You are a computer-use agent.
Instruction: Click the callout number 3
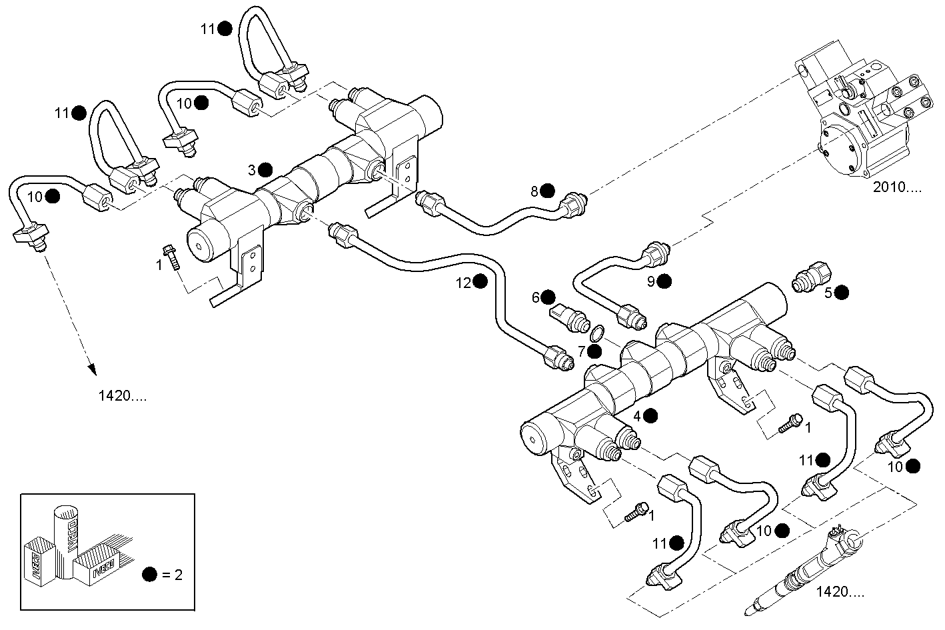coord(252,170)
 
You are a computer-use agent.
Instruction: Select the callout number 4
coord(637,416)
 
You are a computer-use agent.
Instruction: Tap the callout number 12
coord(464,283)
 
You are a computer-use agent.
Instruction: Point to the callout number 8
coord(534,191)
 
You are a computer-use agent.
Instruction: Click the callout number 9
coord(650,281)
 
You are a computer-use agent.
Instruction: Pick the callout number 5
coord(828,292)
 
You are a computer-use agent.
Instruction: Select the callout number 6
coord(534,297)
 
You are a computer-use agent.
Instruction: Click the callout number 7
coord(582,351)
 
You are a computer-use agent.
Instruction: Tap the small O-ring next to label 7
coord(598,332)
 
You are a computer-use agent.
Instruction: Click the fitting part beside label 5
coord(812,276)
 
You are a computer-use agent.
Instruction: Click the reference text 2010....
coord(897,187)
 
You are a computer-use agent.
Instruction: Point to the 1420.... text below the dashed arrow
coord(123,396)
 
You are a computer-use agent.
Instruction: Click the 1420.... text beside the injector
coord(840,591)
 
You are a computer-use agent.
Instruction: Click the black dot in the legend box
coord(149,575)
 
